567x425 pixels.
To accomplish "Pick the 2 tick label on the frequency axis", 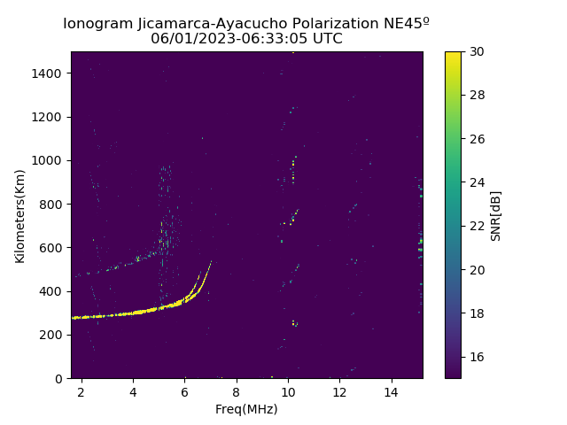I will (82, 391).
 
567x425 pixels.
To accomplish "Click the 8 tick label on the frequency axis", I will (237, 391).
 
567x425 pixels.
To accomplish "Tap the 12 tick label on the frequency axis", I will (339, 391).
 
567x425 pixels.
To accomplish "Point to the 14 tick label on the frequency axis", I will (391, 391).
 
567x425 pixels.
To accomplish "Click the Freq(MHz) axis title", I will (246, 409).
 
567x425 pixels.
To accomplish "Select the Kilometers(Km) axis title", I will (20, 215).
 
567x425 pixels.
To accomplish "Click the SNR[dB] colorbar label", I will (496, 215).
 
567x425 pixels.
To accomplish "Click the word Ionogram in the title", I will (97, 24).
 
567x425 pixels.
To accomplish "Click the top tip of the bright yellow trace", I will (211, 261).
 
